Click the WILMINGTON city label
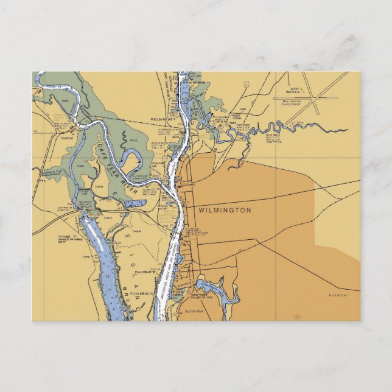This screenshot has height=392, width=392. [x=225, y=210]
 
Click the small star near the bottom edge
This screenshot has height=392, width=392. [x=297, y=317]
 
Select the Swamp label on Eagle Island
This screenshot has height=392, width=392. [x=136, y=231]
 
